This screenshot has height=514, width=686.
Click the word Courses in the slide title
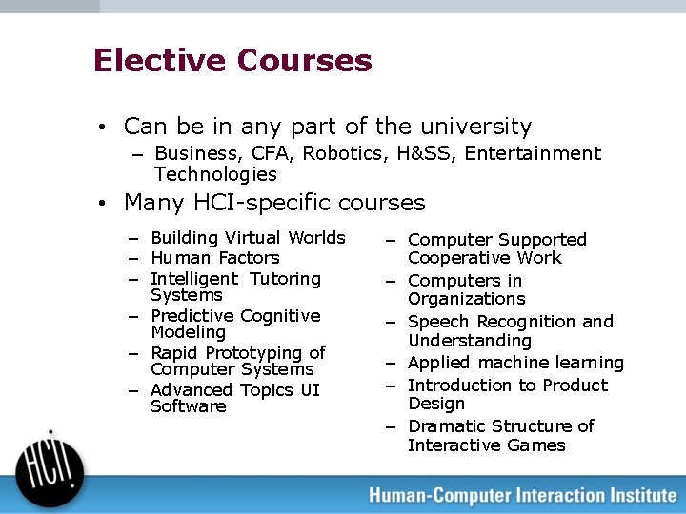[304, 61]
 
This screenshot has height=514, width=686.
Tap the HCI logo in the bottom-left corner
[50, 465]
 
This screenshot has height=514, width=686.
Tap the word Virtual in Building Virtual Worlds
[253, 238]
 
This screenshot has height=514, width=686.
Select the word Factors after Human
[249, 258]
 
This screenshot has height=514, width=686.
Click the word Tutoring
[286, 279]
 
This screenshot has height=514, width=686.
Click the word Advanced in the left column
[191, 390]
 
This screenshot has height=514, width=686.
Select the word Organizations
[466, 299]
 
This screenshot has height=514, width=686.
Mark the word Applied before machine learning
[440, 363]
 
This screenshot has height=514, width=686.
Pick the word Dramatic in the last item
[447, 426]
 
